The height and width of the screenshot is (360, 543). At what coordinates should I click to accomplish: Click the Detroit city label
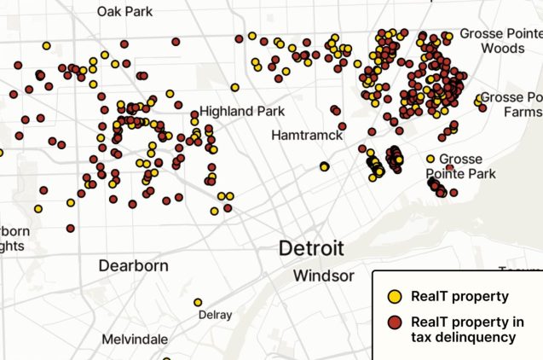(x=312, y=249)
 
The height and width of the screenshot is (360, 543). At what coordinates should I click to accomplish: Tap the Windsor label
(x=323, y=276)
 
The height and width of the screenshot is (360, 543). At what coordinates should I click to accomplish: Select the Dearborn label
(x=133, y=265)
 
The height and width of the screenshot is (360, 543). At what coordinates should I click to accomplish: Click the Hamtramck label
(x=307, y=136)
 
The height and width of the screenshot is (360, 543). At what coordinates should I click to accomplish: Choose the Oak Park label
(x=124, y=11)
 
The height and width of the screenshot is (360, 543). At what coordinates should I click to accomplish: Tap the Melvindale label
(x=135, y=339)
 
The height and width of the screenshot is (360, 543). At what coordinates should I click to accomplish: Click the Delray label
(x=215, y=315)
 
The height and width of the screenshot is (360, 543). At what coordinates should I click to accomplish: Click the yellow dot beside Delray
(x=198, y=302)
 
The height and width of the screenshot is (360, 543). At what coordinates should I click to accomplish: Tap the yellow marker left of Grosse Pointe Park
(x=430, y=159)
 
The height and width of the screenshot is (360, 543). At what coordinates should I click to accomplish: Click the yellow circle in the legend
(x=395, y=297)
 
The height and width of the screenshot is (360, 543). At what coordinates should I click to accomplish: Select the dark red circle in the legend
(x=395, y=323)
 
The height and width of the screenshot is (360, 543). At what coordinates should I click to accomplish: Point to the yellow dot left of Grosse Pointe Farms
(x=478, y=102)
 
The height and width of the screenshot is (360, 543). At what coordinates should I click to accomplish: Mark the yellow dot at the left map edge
(x=1, y=154)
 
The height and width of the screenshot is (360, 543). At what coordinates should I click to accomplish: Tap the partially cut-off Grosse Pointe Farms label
(x=511, y=104)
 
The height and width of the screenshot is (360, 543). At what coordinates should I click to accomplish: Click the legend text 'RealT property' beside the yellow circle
(x=459, y=297)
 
